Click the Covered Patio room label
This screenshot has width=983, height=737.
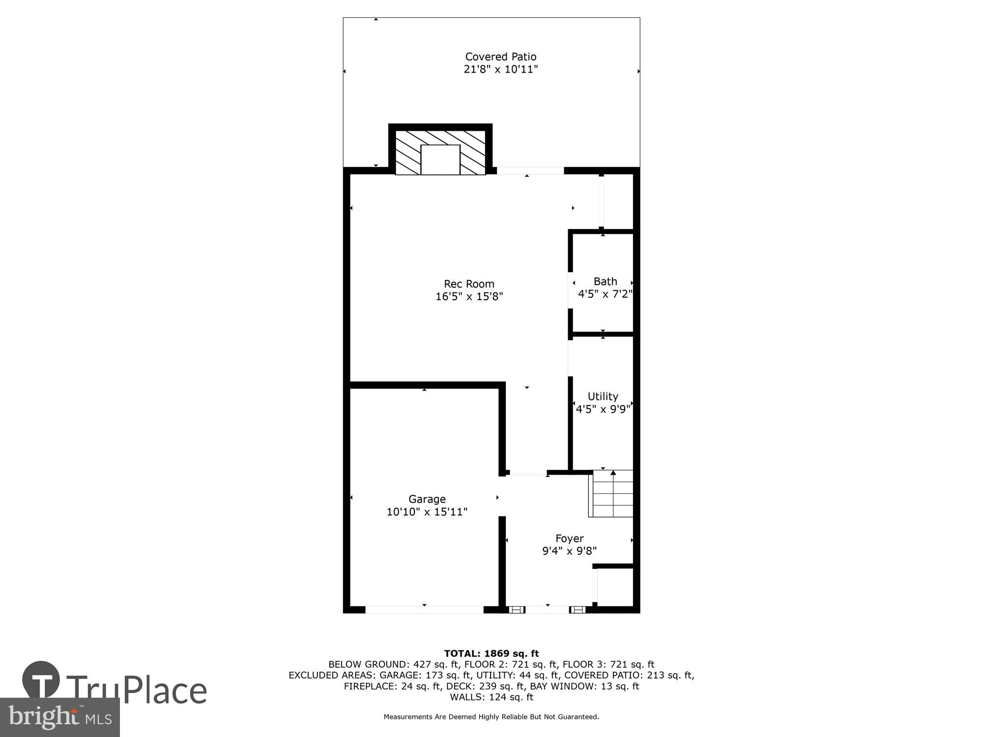click(x=500, y=57)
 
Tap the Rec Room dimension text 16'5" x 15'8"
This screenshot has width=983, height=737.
click(x=469, y=296)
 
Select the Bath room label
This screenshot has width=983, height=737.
click(x=605, y=282)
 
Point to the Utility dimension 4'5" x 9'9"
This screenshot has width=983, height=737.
click(x=603, y=409)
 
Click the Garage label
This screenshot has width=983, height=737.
click(x=427, y=499)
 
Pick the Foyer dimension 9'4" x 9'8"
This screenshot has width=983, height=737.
click(x=569, y=551)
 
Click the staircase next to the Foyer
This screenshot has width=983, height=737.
click(x=612, y=494)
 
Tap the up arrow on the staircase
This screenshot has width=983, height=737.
click(x=613, y=473)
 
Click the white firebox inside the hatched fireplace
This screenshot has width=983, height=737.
click(x=440, y=160)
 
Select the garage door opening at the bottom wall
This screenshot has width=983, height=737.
click(x=424, y=610)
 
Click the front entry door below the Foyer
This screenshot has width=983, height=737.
click(x=547, y=610)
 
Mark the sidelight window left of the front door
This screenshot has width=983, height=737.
click(x=516, y=610)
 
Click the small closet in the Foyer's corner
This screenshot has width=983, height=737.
click(x=615, y=587)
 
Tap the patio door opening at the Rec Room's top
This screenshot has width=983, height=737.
click(x=530, y=170)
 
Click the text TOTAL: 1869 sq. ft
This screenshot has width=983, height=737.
click(x=491, y=653)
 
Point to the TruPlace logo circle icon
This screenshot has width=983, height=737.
click(x=41, y=680)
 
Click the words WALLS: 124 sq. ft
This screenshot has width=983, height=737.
click(x=491, y=697)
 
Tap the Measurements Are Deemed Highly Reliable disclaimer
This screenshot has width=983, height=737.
click(x=491, y=717)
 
